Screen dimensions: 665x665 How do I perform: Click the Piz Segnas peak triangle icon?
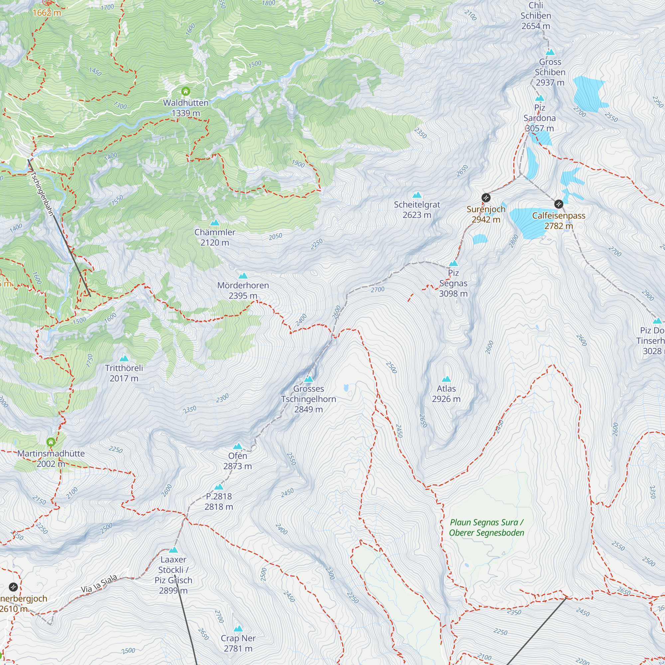453,264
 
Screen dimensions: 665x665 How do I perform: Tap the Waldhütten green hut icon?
186,91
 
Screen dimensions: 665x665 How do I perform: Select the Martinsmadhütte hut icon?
51,442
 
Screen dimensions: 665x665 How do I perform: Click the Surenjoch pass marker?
486,198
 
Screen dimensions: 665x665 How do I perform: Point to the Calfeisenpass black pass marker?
559,204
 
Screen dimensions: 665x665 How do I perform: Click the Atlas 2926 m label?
446,393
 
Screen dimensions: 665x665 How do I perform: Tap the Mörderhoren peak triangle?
243,276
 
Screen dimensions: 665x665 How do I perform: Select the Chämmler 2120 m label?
215,237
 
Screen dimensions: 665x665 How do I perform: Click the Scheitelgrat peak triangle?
417,195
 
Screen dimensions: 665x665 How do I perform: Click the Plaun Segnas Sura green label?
486,527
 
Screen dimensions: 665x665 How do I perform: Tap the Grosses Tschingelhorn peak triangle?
309,379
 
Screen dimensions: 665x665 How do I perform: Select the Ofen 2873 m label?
237,461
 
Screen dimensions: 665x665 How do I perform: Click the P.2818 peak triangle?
219,487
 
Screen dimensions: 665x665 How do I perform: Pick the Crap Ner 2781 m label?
238,643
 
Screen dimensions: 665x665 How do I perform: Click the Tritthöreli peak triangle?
124,359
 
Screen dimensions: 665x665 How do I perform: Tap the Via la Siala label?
99,584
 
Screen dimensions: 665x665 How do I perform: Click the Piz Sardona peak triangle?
539,98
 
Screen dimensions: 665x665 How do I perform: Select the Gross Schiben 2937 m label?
550,72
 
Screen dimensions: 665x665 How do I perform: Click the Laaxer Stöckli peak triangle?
173,550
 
